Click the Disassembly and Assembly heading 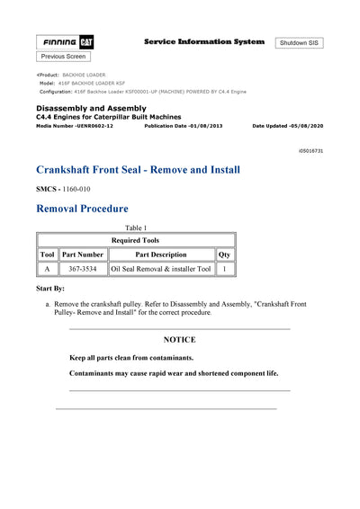tap(92, 109)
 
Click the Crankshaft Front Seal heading tap(138, 170)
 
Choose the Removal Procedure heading tap(82, 210)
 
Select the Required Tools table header tap(136, 241)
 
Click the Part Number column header tap(83, 254)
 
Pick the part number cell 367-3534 tap(83, 269)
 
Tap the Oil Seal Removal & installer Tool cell tap(160, 269)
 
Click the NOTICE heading tap(179, 340)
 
